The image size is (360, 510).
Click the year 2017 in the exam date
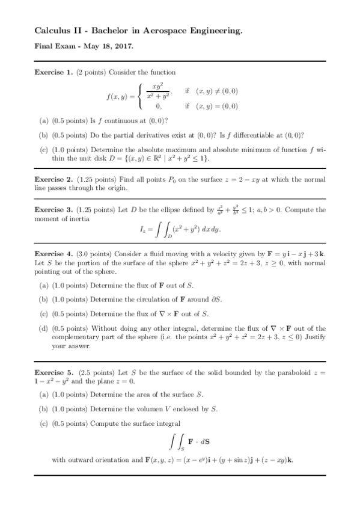pos(124,46)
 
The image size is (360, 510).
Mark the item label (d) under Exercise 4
pos(44,328)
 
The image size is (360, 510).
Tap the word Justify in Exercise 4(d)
pos(312,337)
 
